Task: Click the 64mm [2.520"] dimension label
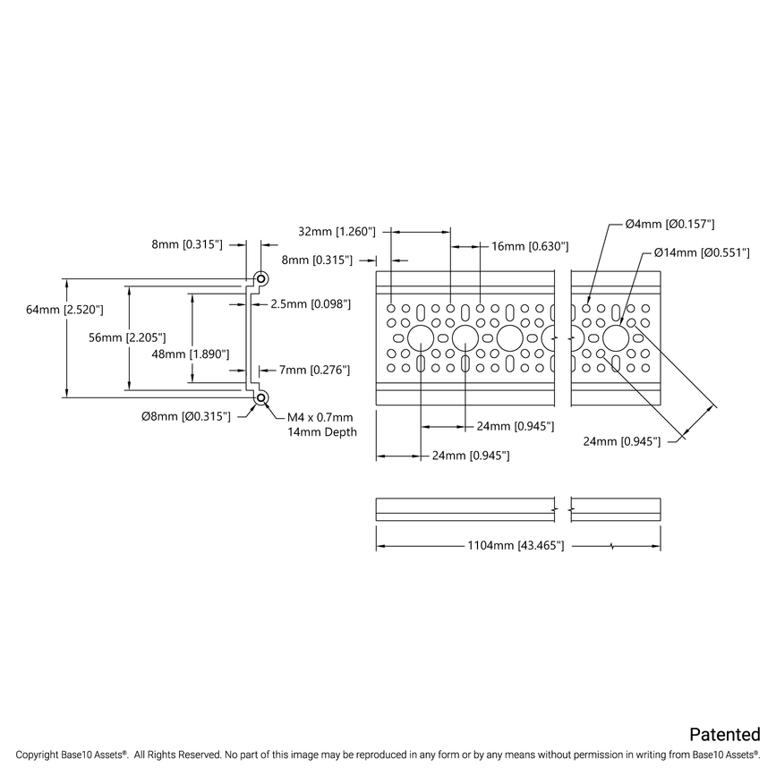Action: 65,310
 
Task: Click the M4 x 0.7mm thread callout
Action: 320,417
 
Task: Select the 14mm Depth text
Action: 321,432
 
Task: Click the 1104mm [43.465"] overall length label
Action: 516,545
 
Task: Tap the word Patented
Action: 725,735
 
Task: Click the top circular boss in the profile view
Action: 261,277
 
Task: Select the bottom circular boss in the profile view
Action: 261,397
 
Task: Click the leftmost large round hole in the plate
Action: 420,337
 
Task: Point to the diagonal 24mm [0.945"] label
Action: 621,440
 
